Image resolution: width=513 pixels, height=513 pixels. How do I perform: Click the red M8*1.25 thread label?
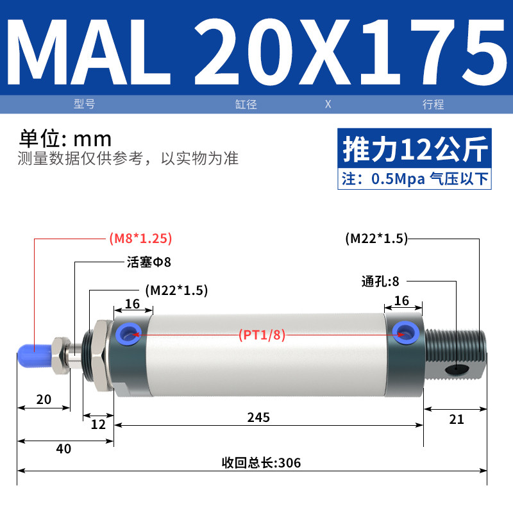pos(140,238)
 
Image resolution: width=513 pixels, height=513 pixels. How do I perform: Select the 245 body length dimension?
pos(258,417)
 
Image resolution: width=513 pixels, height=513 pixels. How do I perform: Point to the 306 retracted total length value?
pos(290,463)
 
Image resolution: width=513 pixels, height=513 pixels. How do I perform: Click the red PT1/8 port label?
pos(262,335)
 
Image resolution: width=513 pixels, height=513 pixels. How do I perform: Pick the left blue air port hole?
pos(128,334)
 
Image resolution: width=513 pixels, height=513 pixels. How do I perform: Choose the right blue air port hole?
pos(406,333)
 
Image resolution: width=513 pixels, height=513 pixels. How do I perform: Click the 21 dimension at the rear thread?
pos(457,419)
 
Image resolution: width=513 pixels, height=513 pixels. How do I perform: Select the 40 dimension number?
pos(63,448)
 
